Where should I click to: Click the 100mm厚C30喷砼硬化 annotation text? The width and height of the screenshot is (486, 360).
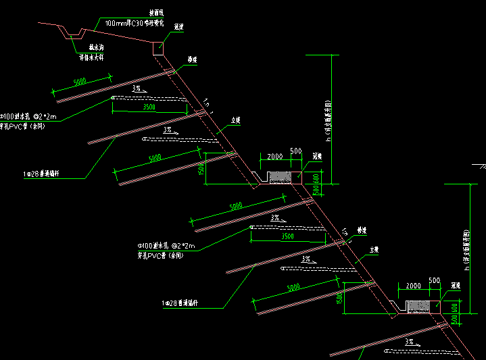[x=135, y=23]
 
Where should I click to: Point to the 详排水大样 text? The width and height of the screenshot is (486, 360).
[x=94, y=57]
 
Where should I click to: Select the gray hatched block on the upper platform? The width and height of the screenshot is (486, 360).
[x=280, y=178]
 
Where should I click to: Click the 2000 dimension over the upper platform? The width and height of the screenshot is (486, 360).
[x=274, y=157]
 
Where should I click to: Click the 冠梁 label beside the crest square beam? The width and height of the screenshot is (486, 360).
[x=179, y=27]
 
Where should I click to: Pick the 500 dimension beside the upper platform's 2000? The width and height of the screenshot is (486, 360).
[x=295, y=151]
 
